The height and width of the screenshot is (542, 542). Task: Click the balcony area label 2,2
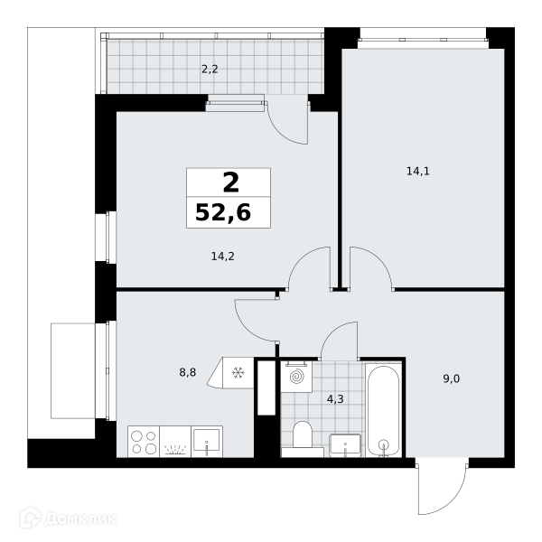[210, 70]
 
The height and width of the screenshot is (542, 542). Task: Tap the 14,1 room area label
[418, 171]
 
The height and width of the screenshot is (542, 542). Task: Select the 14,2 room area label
[222, 257]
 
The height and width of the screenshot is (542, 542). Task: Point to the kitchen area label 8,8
[187, 372]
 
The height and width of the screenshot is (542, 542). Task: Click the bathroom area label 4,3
[335, 399]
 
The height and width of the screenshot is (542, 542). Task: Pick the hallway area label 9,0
[451, 378]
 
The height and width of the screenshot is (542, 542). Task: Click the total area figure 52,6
[223, 212]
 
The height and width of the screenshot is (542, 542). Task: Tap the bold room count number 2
[231, 182]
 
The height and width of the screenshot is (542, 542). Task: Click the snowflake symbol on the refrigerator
[238, 372]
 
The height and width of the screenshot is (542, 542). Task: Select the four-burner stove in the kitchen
[144, 442]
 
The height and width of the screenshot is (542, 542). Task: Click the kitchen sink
[207, 442]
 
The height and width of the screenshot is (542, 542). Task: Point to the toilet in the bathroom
[303, 435]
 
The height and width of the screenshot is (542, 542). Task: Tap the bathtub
[383, 410]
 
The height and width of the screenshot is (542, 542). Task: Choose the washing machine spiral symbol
[296, 377]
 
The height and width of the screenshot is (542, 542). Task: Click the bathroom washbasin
[345, 445]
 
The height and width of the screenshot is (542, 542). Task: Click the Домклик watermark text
[80, 519]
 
